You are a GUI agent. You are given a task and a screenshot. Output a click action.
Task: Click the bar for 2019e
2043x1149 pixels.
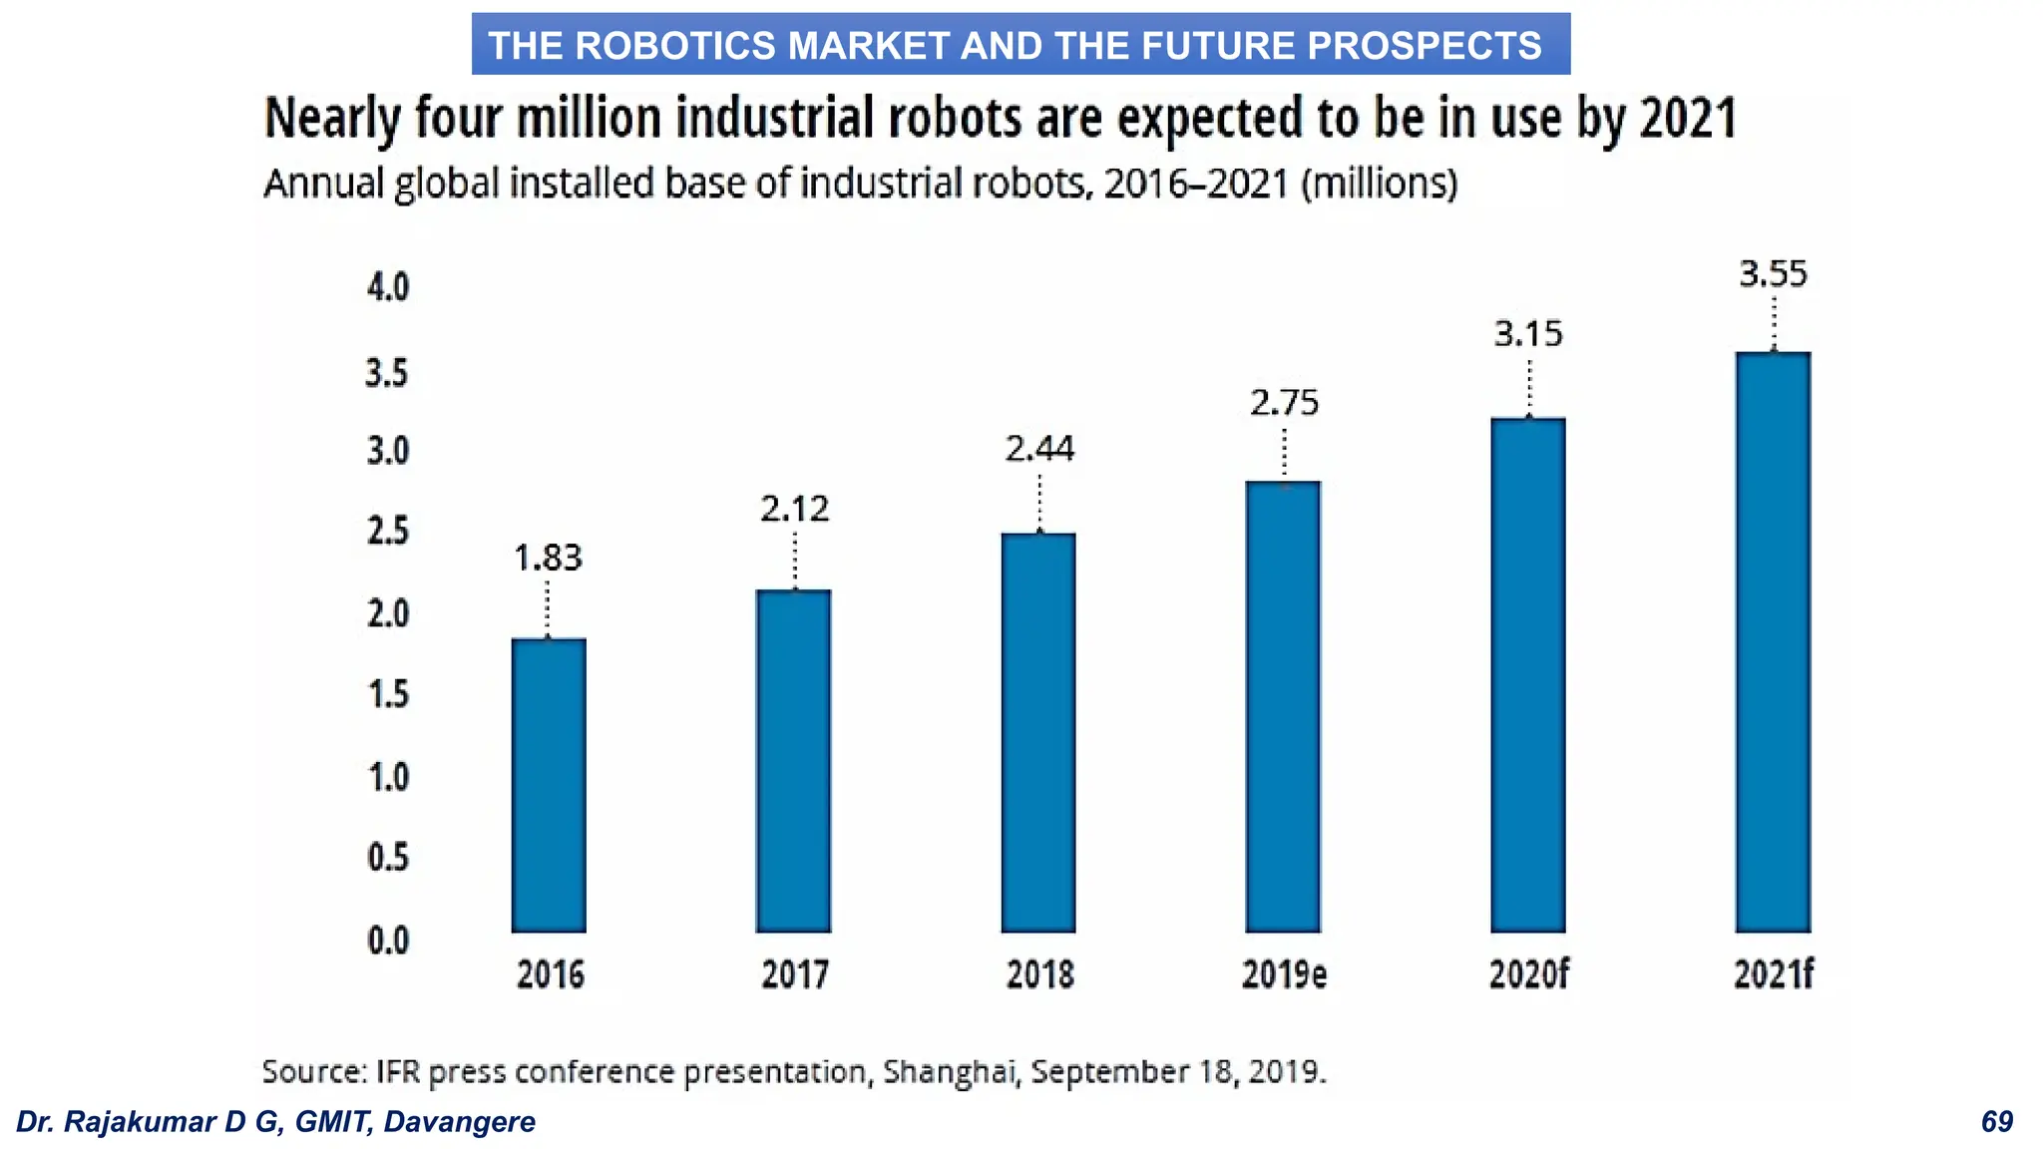tap(1283, 707)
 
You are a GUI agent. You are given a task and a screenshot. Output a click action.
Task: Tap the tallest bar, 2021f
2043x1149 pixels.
tap(1773, 642)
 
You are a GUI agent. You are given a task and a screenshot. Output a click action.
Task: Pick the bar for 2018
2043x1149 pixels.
tap(1038, 733)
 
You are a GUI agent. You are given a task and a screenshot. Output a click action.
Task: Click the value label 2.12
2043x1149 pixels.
tap(794, 510)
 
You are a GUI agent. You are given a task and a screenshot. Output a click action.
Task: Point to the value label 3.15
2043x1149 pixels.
tap(1528, 333)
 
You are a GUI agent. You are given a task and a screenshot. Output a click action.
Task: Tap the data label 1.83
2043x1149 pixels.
tap(548, 558)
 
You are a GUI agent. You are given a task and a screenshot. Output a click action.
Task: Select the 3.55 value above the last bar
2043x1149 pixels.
tap(1773, 273)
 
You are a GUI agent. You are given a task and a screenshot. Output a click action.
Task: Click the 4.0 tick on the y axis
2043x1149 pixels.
tap(388, 288)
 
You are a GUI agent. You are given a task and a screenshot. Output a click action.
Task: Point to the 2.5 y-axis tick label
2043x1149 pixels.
tap(388, 532)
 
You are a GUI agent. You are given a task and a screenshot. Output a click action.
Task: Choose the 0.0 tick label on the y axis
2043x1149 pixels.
tap(388, 940)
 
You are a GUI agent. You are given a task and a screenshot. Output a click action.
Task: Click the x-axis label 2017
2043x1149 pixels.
tap(794, 974)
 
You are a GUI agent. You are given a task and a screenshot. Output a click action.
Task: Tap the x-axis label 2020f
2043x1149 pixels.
tap(1528, 974)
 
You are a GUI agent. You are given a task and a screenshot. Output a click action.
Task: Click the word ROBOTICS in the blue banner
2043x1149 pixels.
tap(675, 46)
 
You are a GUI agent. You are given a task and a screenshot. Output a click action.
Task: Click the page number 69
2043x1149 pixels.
tap(1997, 1122)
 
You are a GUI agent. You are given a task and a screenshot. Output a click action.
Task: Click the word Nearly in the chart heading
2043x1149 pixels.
tap(330, 119)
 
